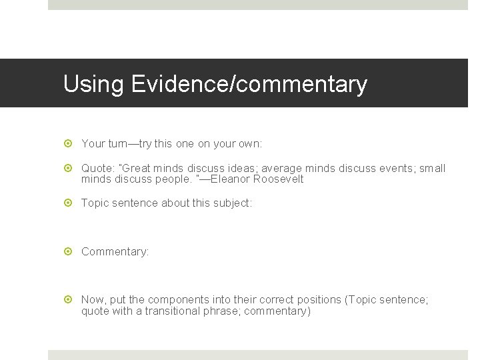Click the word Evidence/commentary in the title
coord(249,85)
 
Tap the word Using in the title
coord(94,85)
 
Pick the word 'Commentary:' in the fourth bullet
coord(115,252)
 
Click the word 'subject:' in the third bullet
coord(233,203)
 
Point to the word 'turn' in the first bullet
coord(116,143)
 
